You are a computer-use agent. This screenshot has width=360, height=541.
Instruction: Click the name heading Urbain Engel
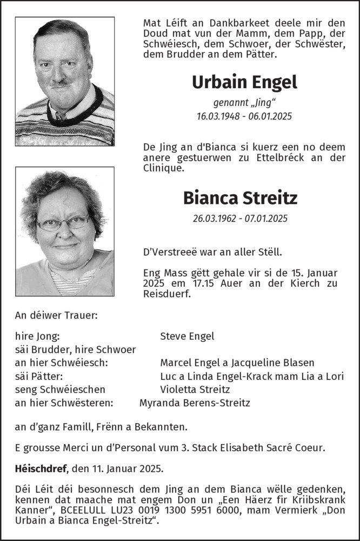(x=244, y=82)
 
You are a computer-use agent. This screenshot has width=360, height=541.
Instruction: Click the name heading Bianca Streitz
(x=240, y=198)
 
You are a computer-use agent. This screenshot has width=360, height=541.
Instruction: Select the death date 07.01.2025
(x=264, y=219)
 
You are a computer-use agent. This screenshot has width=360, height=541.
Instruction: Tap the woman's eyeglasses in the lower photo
(x=63, y=222)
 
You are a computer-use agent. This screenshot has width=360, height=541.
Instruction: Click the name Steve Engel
(x=187, y=336)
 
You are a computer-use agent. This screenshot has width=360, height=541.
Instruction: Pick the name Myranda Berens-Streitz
(x=195, y=403)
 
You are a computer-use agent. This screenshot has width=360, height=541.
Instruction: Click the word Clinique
(x=164, y=168)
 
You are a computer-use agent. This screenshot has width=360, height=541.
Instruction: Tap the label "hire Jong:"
(x=37, y=336)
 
